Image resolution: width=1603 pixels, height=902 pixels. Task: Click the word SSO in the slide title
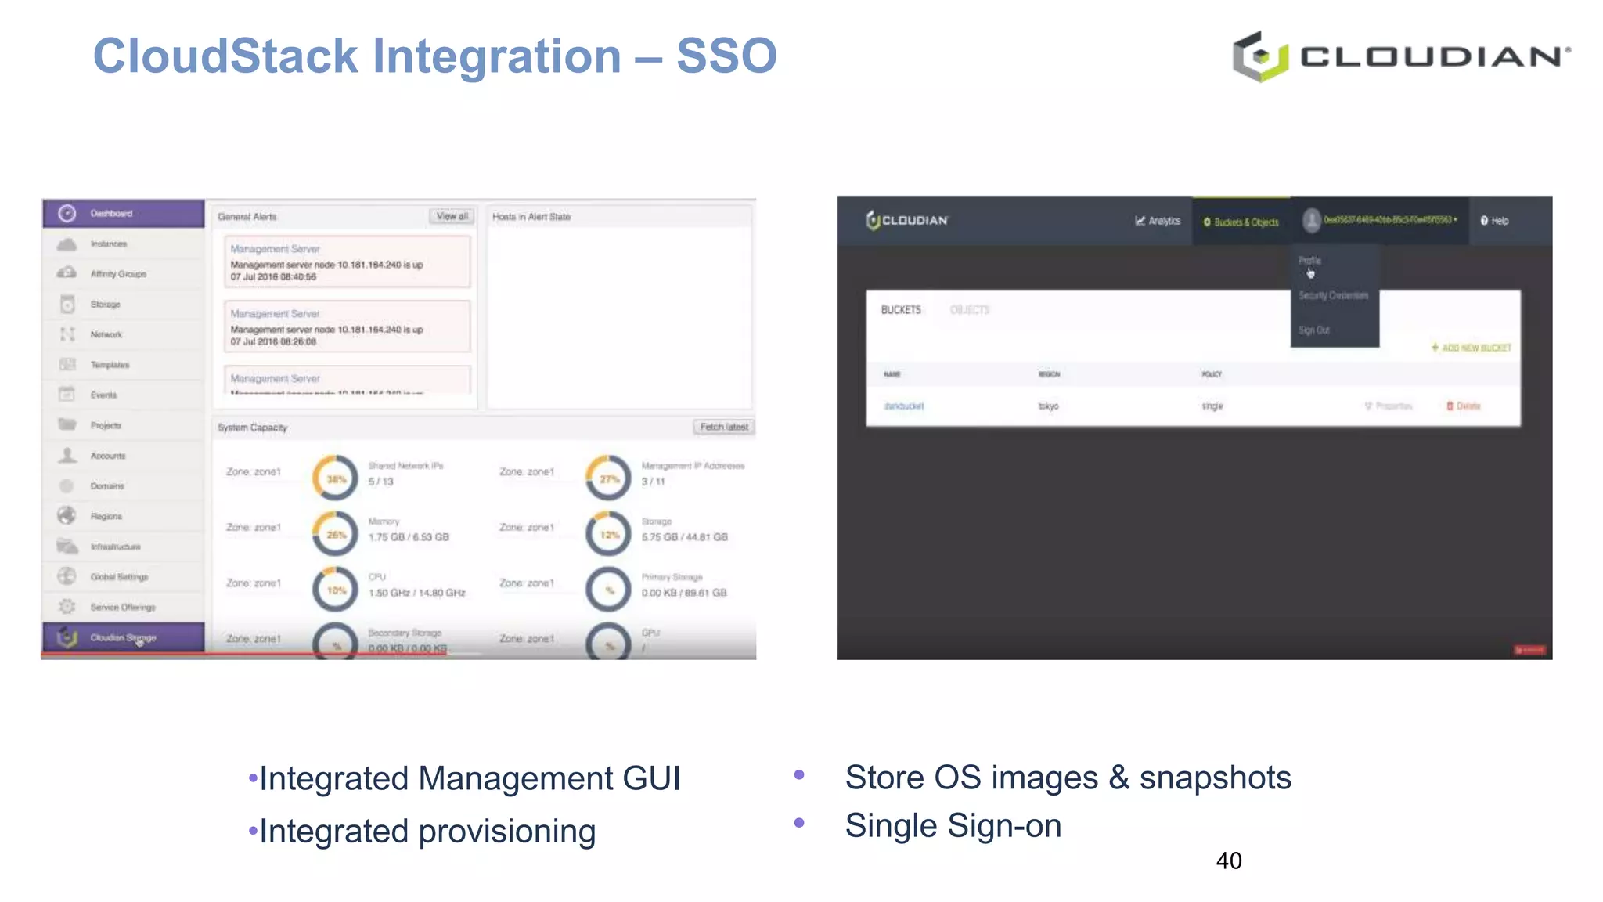726,56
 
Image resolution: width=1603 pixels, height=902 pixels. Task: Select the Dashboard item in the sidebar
111,213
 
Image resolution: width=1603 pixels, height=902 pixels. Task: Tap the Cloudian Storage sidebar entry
122,637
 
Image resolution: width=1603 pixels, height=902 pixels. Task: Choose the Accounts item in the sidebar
107,456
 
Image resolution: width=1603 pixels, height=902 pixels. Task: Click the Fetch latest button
724,427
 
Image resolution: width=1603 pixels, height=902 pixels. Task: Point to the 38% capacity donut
336,478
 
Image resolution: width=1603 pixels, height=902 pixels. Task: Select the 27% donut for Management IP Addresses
609,478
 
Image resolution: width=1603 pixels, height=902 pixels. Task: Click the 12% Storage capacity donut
609,535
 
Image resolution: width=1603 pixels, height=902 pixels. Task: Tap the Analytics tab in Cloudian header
1158,221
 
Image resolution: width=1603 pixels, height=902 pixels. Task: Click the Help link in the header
1494,221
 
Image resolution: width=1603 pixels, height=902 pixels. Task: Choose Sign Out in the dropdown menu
1314,330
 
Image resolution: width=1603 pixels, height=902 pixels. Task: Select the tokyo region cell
1049,406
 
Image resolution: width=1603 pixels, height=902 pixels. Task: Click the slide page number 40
1228,861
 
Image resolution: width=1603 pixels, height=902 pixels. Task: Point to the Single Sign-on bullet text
953,825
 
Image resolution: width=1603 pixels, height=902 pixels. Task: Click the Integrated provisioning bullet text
427,831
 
